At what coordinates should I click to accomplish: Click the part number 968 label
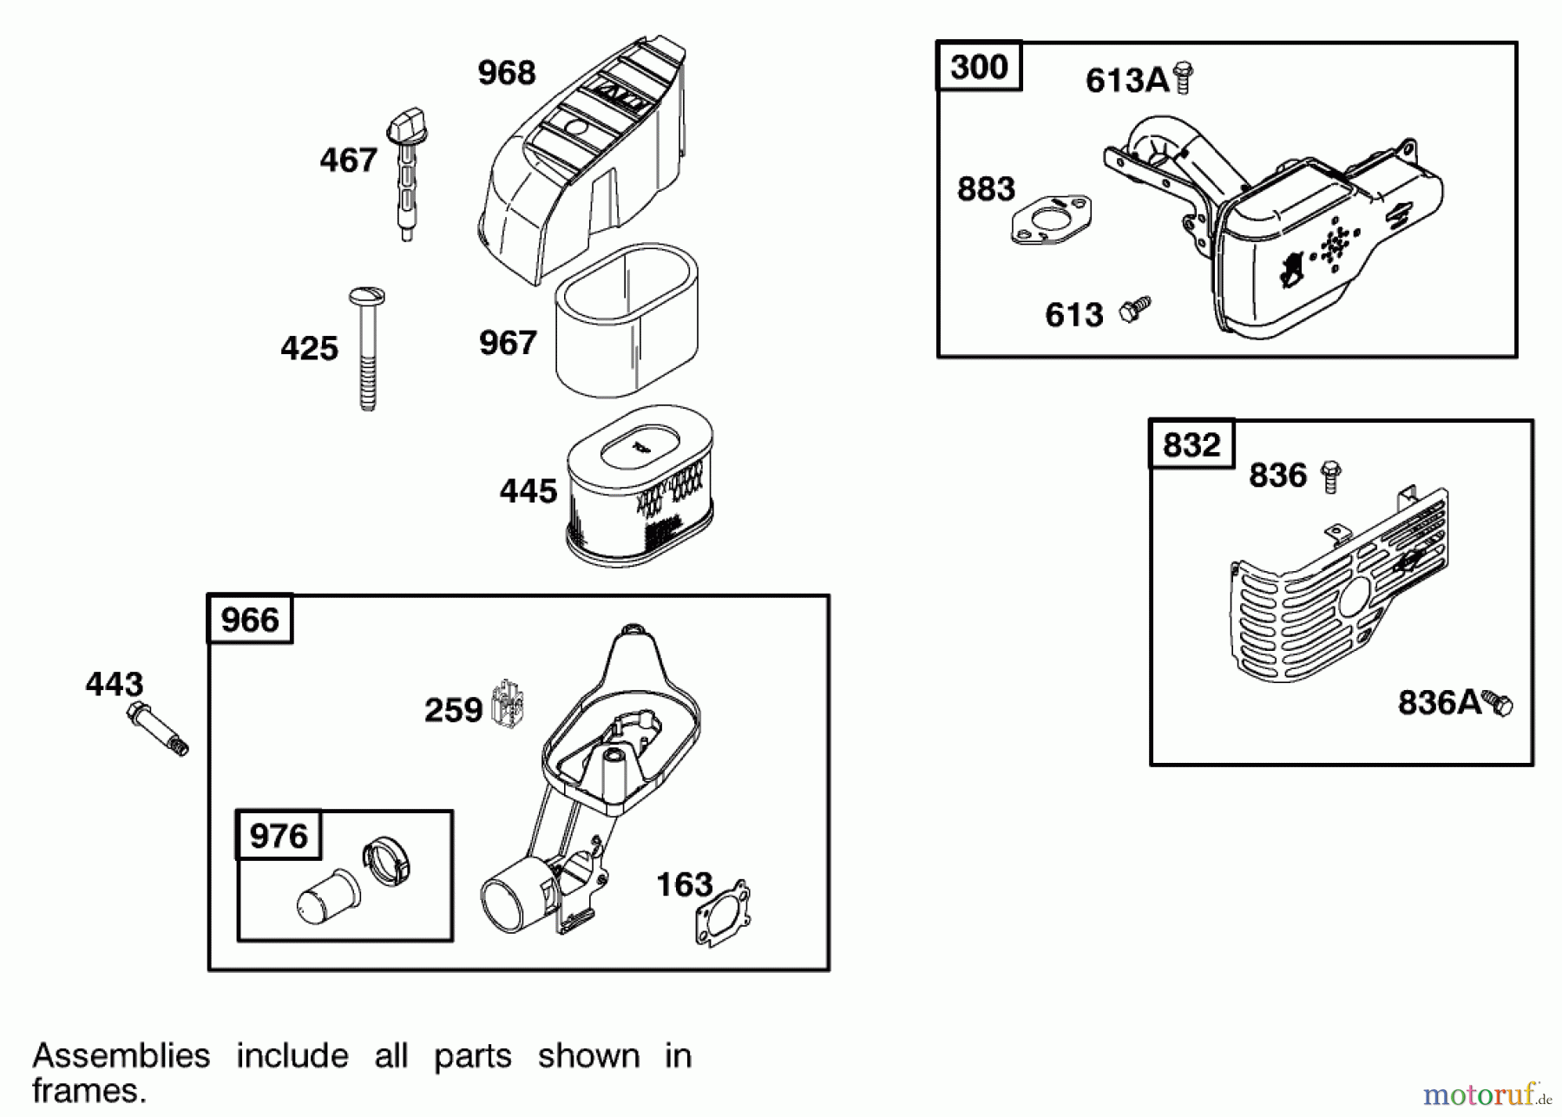(x=507, y=73)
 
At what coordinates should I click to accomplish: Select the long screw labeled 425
(x=367, y=347)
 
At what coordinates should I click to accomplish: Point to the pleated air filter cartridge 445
(x=640, y=486)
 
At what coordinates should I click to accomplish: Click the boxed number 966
(x=250, y=620)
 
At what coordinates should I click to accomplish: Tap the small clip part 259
(x=508, y=703)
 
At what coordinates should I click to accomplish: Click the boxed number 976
(x=279, y=836)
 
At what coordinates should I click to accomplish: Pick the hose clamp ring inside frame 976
(x=387, y=860)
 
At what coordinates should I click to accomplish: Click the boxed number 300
(x=979, y=67)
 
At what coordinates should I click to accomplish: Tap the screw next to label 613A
(x=1182, y=78)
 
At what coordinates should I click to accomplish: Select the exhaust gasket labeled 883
(x=1051, y=219)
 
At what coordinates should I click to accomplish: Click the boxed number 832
(x=1191, y=444)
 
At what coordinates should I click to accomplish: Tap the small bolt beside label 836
(x=1330, y=476)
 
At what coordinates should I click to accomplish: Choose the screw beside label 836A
(x=1498, y=702)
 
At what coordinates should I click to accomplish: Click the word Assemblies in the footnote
(x=121, y=1055)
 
